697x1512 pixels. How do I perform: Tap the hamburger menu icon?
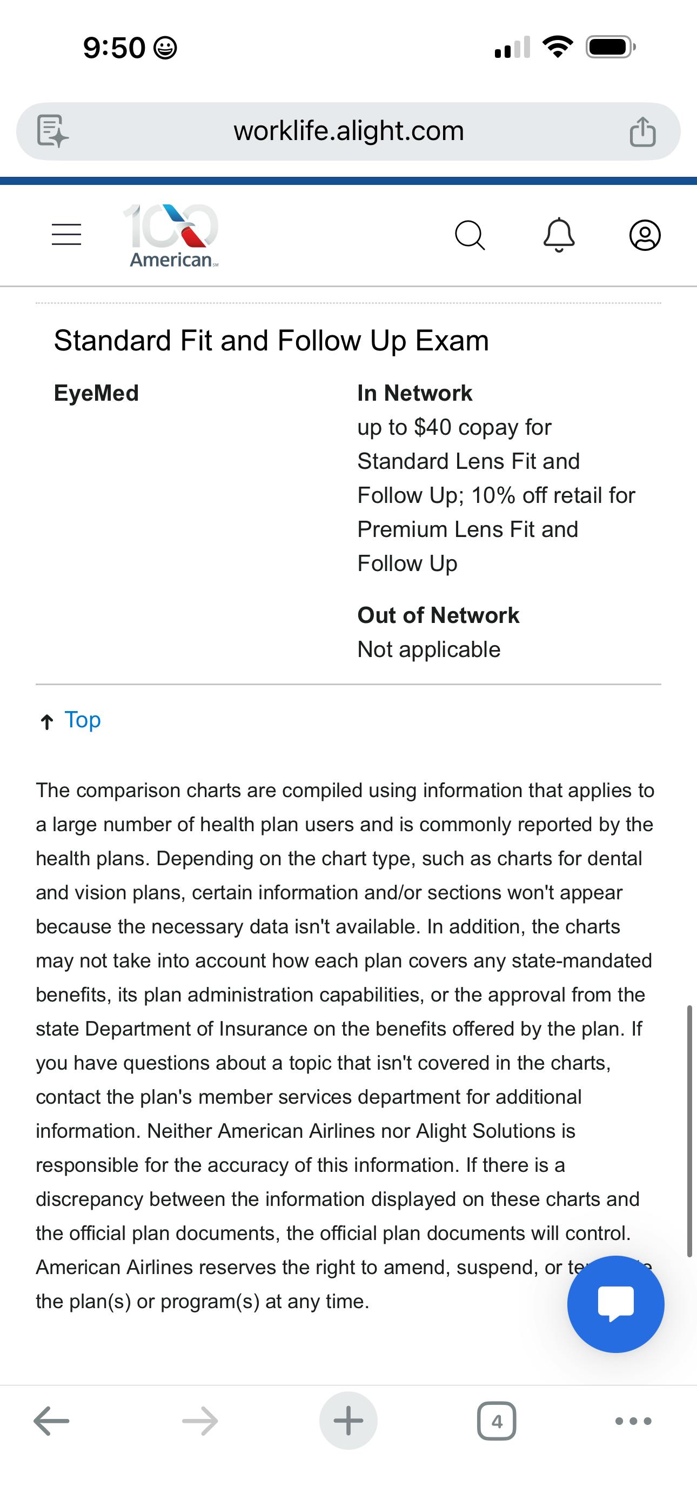66,234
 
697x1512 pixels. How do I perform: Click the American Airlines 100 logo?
171,235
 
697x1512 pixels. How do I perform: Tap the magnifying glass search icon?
470,235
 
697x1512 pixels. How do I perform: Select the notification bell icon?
559,235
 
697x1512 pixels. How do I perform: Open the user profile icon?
645,235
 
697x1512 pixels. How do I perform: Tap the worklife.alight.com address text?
348,131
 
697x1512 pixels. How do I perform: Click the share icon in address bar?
642,131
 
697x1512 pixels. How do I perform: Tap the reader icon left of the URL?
52,131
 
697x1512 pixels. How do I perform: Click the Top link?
82,720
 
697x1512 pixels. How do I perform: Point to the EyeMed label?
96,393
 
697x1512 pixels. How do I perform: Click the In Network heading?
414,393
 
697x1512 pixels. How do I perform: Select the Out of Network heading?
438,615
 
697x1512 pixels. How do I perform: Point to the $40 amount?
432,427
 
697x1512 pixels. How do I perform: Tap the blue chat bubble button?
615,1304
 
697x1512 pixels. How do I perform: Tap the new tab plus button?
348,1421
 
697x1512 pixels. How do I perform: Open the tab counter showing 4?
497,1421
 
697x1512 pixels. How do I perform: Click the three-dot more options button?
633,1421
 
